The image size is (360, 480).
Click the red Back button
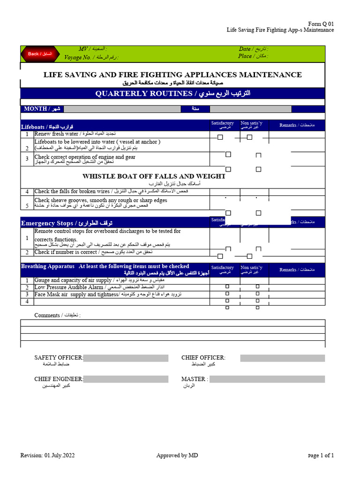coord(39,54)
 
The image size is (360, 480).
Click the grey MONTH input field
coord(122,109)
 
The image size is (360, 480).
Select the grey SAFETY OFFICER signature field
coord(126,358)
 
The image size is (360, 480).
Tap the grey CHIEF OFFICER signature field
coord(282,358)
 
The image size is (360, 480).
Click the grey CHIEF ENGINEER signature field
coord(126,379)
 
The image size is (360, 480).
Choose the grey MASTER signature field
coord(267,379)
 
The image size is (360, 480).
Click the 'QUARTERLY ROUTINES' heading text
coord(144,94)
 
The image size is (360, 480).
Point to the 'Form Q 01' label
coord(321,24)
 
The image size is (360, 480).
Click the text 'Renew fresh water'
coord(56,134)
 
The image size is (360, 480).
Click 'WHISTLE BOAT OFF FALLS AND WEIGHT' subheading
coord(154,176)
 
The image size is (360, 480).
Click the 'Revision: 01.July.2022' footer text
coord(47,455)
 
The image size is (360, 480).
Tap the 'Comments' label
coord(47,315)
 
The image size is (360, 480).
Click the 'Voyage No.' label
coord(78,57)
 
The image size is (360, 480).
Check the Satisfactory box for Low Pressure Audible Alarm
coord(227,286)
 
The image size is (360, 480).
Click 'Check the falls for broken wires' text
coord(72,191)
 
